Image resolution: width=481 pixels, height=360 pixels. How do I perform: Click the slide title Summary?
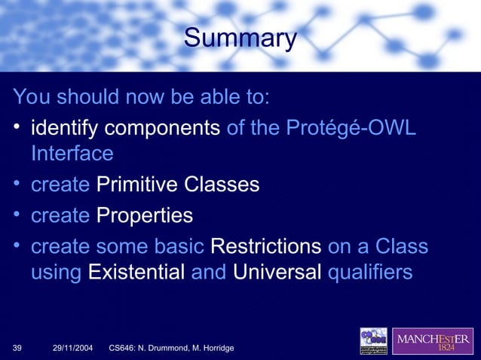pyautogui.click(x=240, y=38)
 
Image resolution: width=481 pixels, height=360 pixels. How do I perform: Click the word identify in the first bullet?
pyautogui.click(x=64, y=129)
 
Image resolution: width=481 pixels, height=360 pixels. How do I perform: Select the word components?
pyautogui.click(x=162, y=129)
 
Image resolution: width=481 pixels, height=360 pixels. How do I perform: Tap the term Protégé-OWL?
pyautogui.click(x=351, y=129)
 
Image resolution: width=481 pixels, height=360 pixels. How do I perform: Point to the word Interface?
pyautogui.click(x=72, y=154)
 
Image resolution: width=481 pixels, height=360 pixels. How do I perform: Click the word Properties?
pyautogui.click(x=145, y=215)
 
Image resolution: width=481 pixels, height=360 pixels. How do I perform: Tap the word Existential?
pyautogui.click(x=136, y=271)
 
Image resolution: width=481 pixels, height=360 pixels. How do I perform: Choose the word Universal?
pyautogui.click(x=277, y=271)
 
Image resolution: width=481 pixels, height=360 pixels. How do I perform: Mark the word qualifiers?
pyautogui.click(x=370, y=271)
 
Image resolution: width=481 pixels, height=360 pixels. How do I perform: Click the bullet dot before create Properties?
pyautogui.click(x=17, y=215)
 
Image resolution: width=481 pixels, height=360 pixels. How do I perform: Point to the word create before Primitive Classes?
pyautogui.click(x=60, y=185)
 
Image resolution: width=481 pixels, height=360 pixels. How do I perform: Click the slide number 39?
pyautogui.click(x=17, y=348)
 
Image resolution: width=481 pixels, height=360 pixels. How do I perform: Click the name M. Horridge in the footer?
pyautogui.click(x=211, y=348)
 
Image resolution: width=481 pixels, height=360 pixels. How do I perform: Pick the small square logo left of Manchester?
pyautogui.click(x=373, y=340)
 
